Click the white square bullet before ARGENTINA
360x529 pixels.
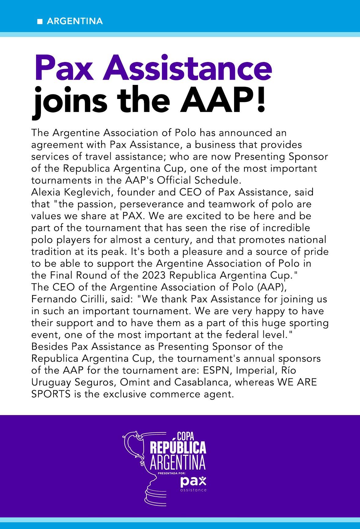click(x=39, y=22)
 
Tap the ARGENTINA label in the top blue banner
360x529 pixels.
click(x=75, y=21)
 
